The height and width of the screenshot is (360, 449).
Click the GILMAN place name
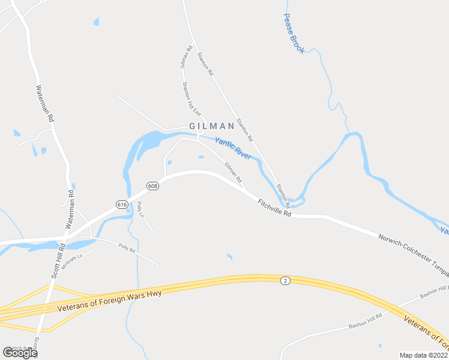coord(211,126)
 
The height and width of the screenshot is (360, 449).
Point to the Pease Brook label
coord(294,34)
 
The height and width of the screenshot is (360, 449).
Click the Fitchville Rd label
coord(274,208)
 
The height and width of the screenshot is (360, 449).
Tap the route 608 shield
coord(152,186)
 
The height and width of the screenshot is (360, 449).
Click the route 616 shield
coord(122,205)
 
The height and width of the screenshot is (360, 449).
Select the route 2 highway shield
coord(286,280)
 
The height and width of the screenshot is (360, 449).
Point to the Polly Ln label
coord(140,209)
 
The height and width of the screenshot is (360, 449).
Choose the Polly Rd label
coord(127,247)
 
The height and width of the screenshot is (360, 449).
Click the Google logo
coord(20,352)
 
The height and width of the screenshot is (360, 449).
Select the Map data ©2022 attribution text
coord(424,355)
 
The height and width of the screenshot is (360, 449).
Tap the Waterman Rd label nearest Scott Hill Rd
coord(70,210)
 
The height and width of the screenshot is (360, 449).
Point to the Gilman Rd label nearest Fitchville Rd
coord(233,173)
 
